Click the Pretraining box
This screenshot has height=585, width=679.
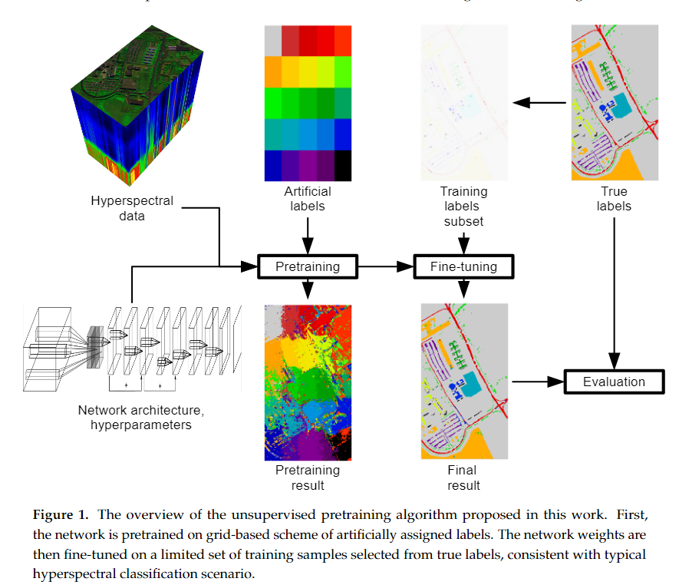308,266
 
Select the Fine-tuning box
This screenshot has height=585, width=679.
463,266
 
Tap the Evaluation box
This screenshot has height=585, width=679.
613,382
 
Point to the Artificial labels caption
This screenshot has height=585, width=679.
308,198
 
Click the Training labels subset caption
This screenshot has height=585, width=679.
463,206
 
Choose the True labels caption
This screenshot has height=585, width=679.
614,198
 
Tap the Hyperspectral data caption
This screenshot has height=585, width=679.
132,208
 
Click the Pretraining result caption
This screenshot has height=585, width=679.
308,477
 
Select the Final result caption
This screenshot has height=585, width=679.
463,477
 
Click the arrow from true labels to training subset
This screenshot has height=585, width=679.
540,102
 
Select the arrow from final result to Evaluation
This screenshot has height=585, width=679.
537,382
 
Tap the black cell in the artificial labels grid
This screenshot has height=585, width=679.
342,165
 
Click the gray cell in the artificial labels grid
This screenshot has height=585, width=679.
272,41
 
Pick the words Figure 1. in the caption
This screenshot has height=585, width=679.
58,513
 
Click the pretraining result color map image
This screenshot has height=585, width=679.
308,381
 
